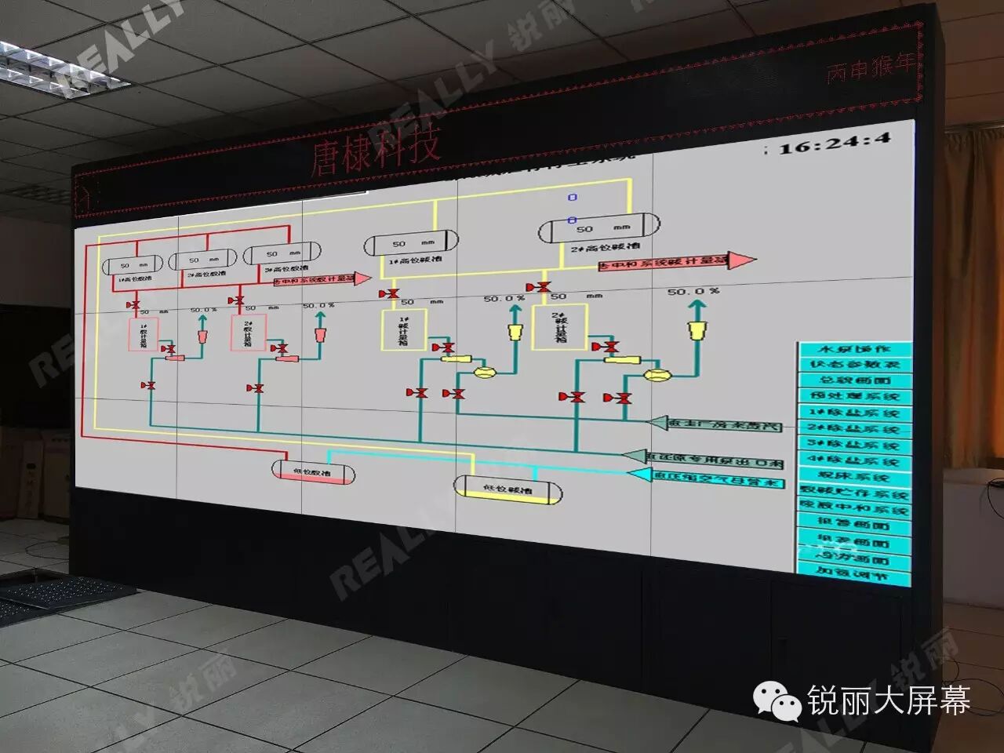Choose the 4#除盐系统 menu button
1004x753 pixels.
(x=854, y=461)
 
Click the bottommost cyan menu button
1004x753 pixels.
(x=854, y=575)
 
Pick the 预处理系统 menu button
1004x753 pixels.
(x=854, y=397)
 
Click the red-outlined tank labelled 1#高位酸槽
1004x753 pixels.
(x=133, y=266)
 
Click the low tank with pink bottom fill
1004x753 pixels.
(x=313, y=471)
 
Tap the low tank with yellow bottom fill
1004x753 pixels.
(x=508, y=487)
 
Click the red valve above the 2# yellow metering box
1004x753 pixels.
(x=541, y=288)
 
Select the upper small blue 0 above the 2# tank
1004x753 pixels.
(x=573, y=198)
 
